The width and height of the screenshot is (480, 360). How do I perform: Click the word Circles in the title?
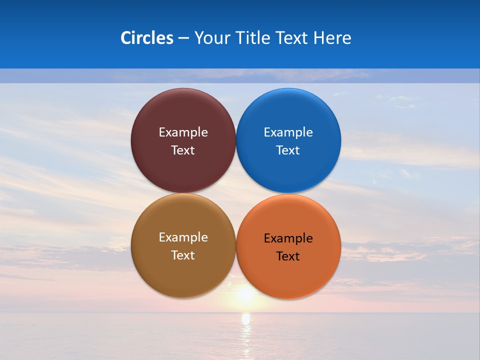(146, 38)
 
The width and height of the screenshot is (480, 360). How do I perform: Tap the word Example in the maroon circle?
(183, 132)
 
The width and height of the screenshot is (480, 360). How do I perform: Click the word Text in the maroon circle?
(183, 150)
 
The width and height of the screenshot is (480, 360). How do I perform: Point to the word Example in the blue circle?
(288, 132)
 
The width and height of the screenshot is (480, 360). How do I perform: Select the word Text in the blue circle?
(288, 150)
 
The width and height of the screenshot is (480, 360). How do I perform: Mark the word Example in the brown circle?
(183, 237)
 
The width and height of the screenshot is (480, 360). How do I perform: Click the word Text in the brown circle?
(183, 255)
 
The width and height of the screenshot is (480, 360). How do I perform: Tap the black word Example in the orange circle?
(288, 238)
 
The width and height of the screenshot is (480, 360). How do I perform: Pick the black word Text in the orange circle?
(288, 256)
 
